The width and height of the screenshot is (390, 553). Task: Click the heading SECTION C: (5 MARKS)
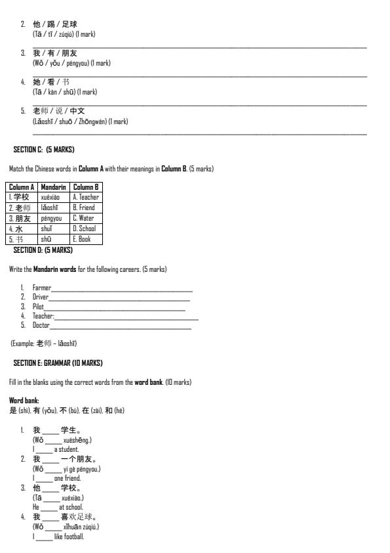(44, 150)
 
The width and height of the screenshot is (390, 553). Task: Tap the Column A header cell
(22, 187)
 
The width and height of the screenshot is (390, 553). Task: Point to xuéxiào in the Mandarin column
(50, 197)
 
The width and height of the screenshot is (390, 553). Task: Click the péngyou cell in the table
(51, 218)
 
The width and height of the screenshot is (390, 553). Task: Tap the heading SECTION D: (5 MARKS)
(43, 250)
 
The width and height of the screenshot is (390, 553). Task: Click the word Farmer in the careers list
(41, 288)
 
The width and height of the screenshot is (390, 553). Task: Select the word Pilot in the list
(38, 307)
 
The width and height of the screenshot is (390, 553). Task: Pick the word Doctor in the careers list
(41, 325)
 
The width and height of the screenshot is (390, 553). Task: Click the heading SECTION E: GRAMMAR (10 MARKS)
(58, 363)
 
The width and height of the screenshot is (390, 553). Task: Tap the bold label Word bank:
(24, 401)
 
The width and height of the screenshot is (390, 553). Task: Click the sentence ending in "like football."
(58, 537)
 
